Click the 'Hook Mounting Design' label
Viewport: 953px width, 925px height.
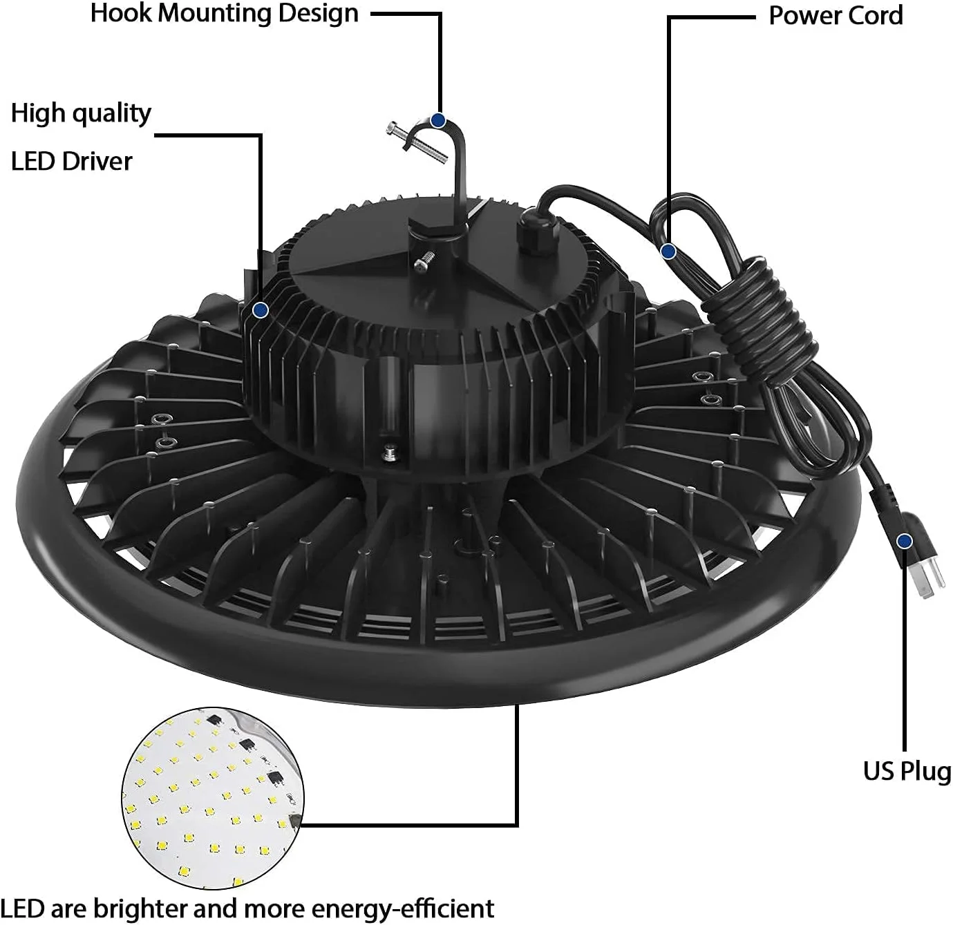tap(225, 14)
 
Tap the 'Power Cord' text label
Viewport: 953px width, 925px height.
tap(836, 16)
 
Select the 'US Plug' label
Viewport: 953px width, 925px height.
tap(907, 772)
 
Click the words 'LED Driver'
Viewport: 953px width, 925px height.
tap(71, 162)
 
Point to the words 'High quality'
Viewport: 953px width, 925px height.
tap(81, 114)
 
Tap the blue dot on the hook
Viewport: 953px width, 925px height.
tap(438, 120)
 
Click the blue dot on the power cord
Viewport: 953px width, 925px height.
tap(668, 251)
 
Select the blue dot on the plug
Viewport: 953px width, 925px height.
tap(904, 542)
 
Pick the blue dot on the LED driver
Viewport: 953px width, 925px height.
tap(261, 309)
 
